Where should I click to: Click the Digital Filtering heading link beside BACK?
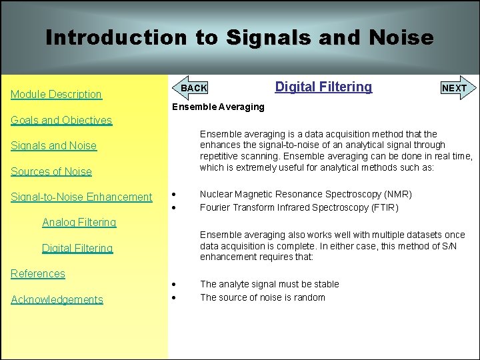pyautogui.click(x=323, y=87)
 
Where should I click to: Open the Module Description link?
pyautogui.click(x=56, y=95)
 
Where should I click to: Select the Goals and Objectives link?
pyautogui.click(x=61, y=121)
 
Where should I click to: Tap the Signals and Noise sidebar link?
pyautogui.click(x=53, y=146)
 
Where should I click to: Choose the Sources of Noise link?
pyautogui.click(x=51, y=171)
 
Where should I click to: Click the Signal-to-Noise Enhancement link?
pyautogui.click(x=81, y=197)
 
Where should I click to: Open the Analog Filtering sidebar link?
pyautogui.click(x=79, y=223)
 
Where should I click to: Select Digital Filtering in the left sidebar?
pyautogui.click(x=77, y=249)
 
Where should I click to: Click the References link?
pyautogui.click(x=38, y=274)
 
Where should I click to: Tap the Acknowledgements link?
pyautogui.click(x=57, y=300)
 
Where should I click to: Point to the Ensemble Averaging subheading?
pyautogui.click(x=218, y=107)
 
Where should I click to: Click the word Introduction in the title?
pyautogui.click(x=116, y=37)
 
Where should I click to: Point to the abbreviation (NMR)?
pyautogui.click(x=396, y=195)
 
